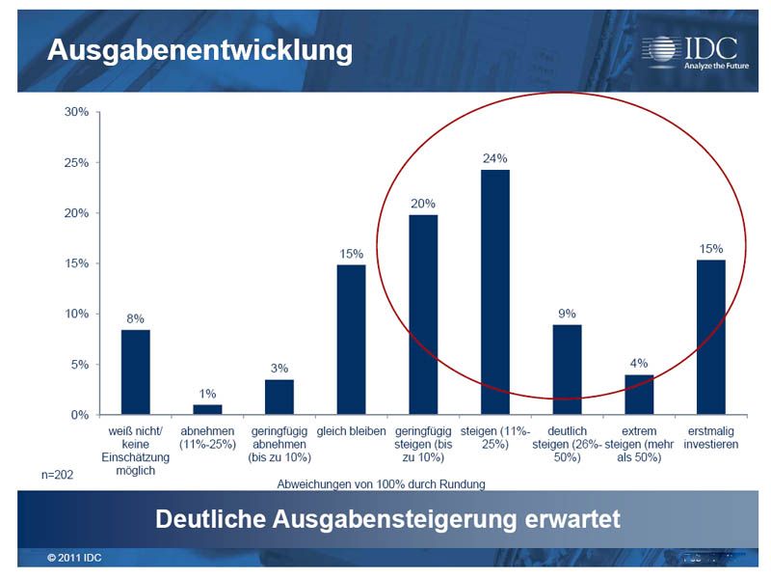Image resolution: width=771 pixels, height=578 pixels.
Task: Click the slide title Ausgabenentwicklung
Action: pos(200,50)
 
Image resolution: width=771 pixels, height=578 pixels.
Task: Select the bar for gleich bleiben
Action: pos(351,340)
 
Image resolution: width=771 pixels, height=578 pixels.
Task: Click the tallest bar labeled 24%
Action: pos(495,292)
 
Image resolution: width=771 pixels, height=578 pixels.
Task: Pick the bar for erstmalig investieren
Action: pos(711,337)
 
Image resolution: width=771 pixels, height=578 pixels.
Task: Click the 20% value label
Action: pos(423,204)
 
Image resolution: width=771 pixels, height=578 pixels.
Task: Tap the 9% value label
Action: pos(567,314)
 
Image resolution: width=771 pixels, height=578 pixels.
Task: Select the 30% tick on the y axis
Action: pos(76,112)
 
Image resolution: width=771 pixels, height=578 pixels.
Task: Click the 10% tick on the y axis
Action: pos(76,314)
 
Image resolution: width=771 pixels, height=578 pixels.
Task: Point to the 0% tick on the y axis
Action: pos(79,415)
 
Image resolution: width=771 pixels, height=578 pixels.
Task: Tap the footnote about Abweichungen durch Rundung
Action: pos(381,482)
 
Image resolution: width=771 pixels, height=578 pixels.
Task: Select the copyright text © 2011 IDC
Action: pos(74,559)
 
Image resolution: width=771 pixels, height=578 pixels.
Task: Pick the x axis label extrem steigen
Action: pos(639,444)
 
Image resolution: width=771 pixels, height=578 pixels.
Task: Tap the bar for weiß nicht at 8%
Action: pos(135,372)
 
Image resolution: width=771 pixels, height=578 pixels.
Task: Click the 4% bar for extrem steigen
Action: pos(639,395)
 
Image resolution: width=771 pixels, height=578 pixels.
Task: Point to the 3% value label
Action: pos(279,369)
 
